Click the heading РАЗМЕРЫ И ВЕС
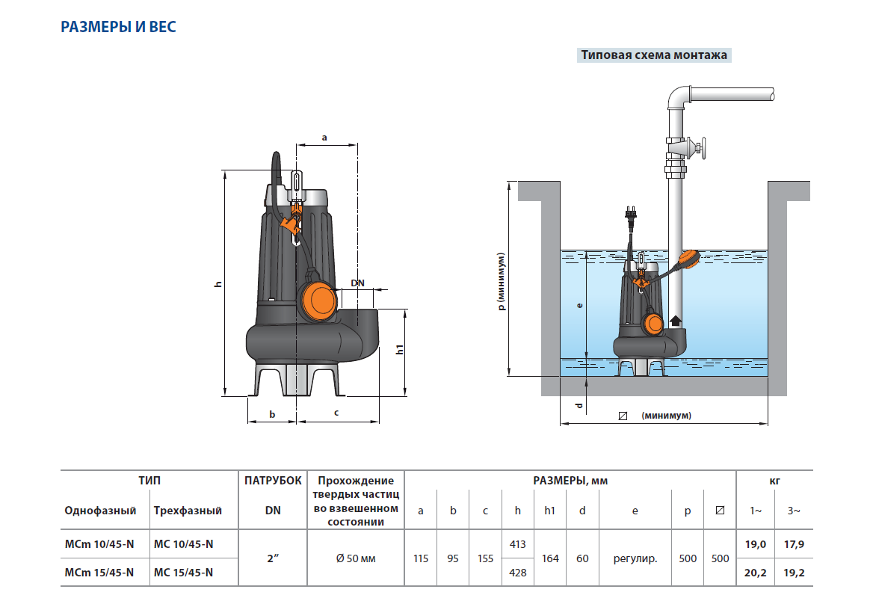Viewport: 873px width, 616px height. click(x=118, y=28)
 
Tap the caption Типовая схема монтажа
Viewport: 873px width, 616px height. click(x=654, y=55)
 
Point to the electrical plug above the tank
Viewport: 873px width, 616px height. click(x=631, y=215)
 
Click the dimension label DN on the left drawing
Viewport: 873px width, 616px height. click(x=358, y=283)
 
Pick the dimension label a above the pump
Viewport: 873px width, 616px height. click(x=324, y=138)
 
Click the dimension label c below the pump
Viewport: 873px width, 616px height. click(x=336, y=413)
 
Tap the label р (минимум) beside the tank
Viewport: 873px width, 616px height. click(x=503, y=280)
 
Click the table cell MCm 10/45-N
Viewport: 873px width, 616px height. click(x=99, y=544)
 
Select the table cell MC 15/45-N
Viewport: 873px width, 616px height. click(x=183, y=573)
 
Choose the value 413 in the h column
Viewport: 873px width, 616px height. click(x=517, y=544)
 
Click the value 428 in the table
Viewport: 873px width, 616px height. click(x=517, y=573)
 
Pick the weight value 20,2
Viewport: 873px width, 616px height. click(x=756, y=573)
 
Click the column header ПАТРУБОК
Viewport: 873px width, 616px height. click(x=273, y=481)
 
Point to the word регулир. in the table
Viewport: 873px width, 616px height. click(x=635, y=558)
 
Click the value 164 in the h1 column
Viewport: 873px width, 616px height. click(x=550, y=558)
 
